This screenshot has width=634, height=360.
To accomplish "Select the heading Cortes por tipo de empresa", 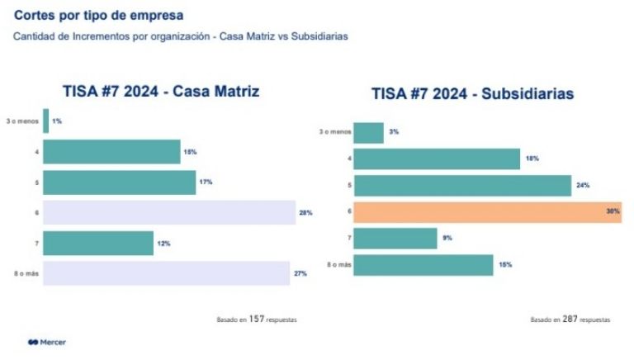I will pos(99,16).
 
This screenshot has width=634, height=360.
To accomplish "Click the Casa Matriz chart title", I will pos(162,92).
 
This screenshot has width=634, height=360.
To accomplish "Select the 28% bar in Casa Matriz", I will pos(169,212).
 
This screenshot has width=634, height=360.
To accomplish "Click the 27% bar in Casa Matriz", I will pos(166,273).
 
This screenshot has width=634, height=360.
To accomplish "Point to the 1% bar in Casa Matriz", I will pos(46,121).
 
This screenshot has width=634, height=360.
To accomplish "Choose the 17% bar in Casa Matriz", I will pos(119,182).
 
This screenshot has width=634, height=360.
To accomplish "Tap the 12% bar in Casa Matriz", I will pos(98,243).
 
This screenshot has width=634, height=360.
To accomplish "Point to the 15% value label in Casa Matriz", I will pos(190,152).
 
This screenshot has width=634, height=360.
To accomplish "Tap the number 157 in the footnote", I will pos(257,318).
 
